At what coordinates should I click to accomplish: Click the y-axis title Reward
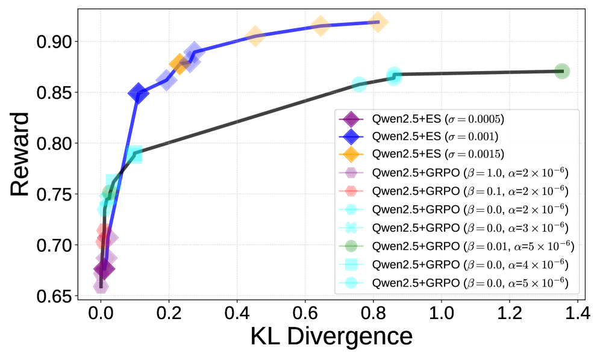[20, 153]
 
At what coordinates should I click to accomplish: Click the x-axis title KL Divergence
[331, 336]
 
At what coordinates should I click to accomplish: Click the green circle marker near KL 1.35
[562, 71]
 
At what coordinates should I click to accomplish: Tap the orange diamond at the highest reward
[378, 22]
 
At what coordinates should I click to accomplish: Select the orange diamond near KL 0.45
[255, 36]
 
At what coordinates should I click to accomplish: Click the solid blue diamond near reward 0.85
[139, 93]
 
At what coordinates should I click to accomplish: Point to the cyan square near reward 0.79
[134, 155]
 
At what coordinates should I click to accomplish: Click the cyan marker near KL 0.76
[359, 85]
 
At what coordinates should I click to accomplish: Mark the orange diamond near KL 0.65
[320, 25]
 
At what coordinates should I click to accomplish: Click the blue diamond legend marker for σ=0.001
[351, 134]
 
